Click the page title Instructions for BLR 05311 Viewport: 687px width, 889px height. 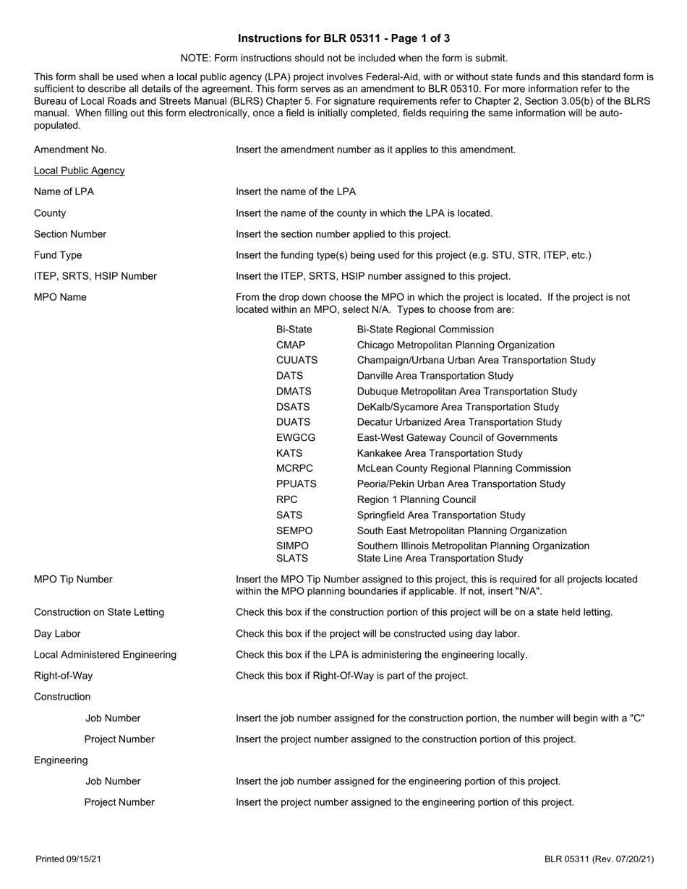(x=343, y=38)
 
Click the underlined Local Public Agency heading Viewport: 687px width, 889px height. (x=79, y=171)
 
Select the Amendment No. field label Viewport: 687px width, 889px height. (x=70, y=150)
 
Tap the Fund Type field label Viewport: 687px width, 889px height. (x=58, y=255)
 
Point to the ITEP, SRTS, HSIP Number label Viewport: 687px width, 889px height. (x=95, y=276)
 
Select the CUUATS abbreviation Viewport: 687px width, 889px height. (x=296, y=360)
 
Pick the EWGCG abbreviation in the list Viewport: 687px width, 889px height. (x=296, y=438)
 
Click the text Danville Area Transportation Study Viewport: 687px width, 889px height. (x=435, y=376)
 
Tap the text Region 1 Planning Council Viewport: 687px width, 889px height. (x=417, y=500)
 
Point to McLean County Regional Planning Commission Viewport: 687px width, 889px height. (x=464, y=469)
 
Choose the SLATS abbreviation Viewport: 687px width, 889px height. (x=292, y=559)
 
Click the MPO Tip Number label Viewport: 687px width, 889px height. (x=73, y=580)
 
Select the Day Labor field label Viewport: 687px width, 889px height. (x=57, y=634)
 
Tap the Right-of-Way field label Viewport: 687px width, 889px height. (x=64, y=676)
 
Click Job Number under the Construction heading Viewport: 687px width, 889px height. (x=113, y=718)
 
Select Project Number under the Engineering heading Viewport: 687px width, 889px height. (x=119, y=802)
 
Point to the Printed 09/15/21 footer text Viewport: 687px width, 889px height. (x=69, y=859)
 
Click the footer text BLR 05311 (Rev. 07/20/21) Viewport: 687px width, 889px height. (x=599, y=859)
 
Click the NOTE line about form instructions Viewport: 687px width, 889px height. (x=343, y=58)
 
